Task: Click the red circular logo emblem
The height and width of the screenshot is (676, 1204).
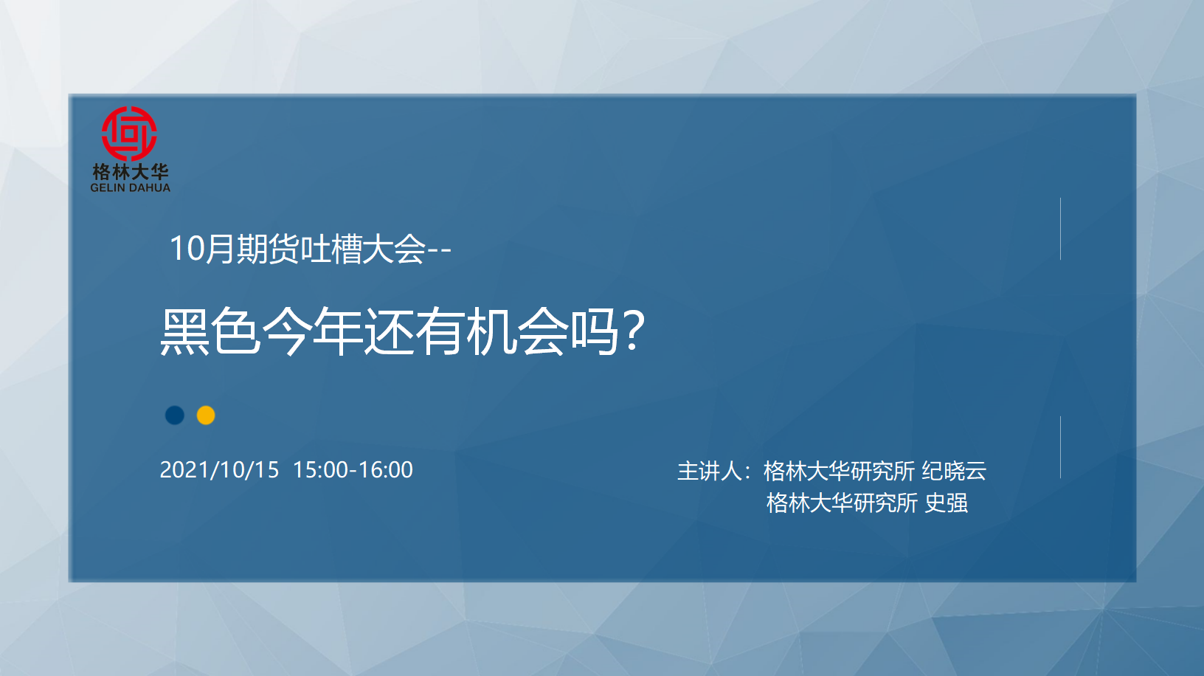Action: pos(129,134)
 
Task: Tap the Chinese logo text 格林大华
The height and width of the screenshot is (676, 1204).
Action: pos(130,172)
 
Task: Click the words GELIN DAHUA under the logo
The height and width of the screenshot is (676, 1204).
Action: pos(130,187)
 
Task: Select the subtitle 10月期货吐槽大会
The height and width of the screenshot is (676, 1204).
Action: pos(297,249)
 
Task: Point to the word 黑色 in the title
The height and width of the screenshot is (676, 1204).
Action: pos(210,332)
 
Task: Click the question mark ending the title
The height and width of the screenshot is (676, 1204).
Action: pos(633,331)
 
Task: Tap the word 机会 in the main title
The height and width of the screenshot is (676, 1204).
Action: pos(516,332)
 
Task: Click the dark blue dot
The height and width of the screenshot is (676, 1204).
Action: pos(175,415)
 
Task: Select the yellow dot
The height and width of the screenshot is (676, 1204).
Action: pos(206,415)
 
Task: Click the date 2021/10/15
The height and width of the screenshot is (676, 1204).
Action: pos(219,469)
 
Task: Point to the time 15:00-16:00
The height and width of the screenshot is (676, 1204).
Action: pos(353,469)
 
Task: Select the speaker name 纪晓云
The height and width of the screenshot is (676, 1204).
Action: pos(954,471)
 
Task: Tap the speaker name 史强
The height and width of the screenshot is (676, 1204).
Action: pos(946,503)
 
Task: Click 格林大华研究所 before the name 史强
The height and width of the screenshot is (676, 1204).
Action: pos(842,503)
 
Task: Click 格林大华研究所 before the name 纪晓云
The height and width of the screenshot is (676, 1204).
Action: pos(839,471)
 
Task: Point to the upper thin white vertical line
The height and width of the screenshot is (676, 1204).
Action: pos(1060,229)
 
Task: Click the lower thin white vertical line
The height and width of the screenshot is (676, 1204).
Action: pos(1060,447)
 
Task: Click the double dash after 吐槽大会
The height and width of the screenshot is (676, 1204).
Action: pos(439,251)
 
